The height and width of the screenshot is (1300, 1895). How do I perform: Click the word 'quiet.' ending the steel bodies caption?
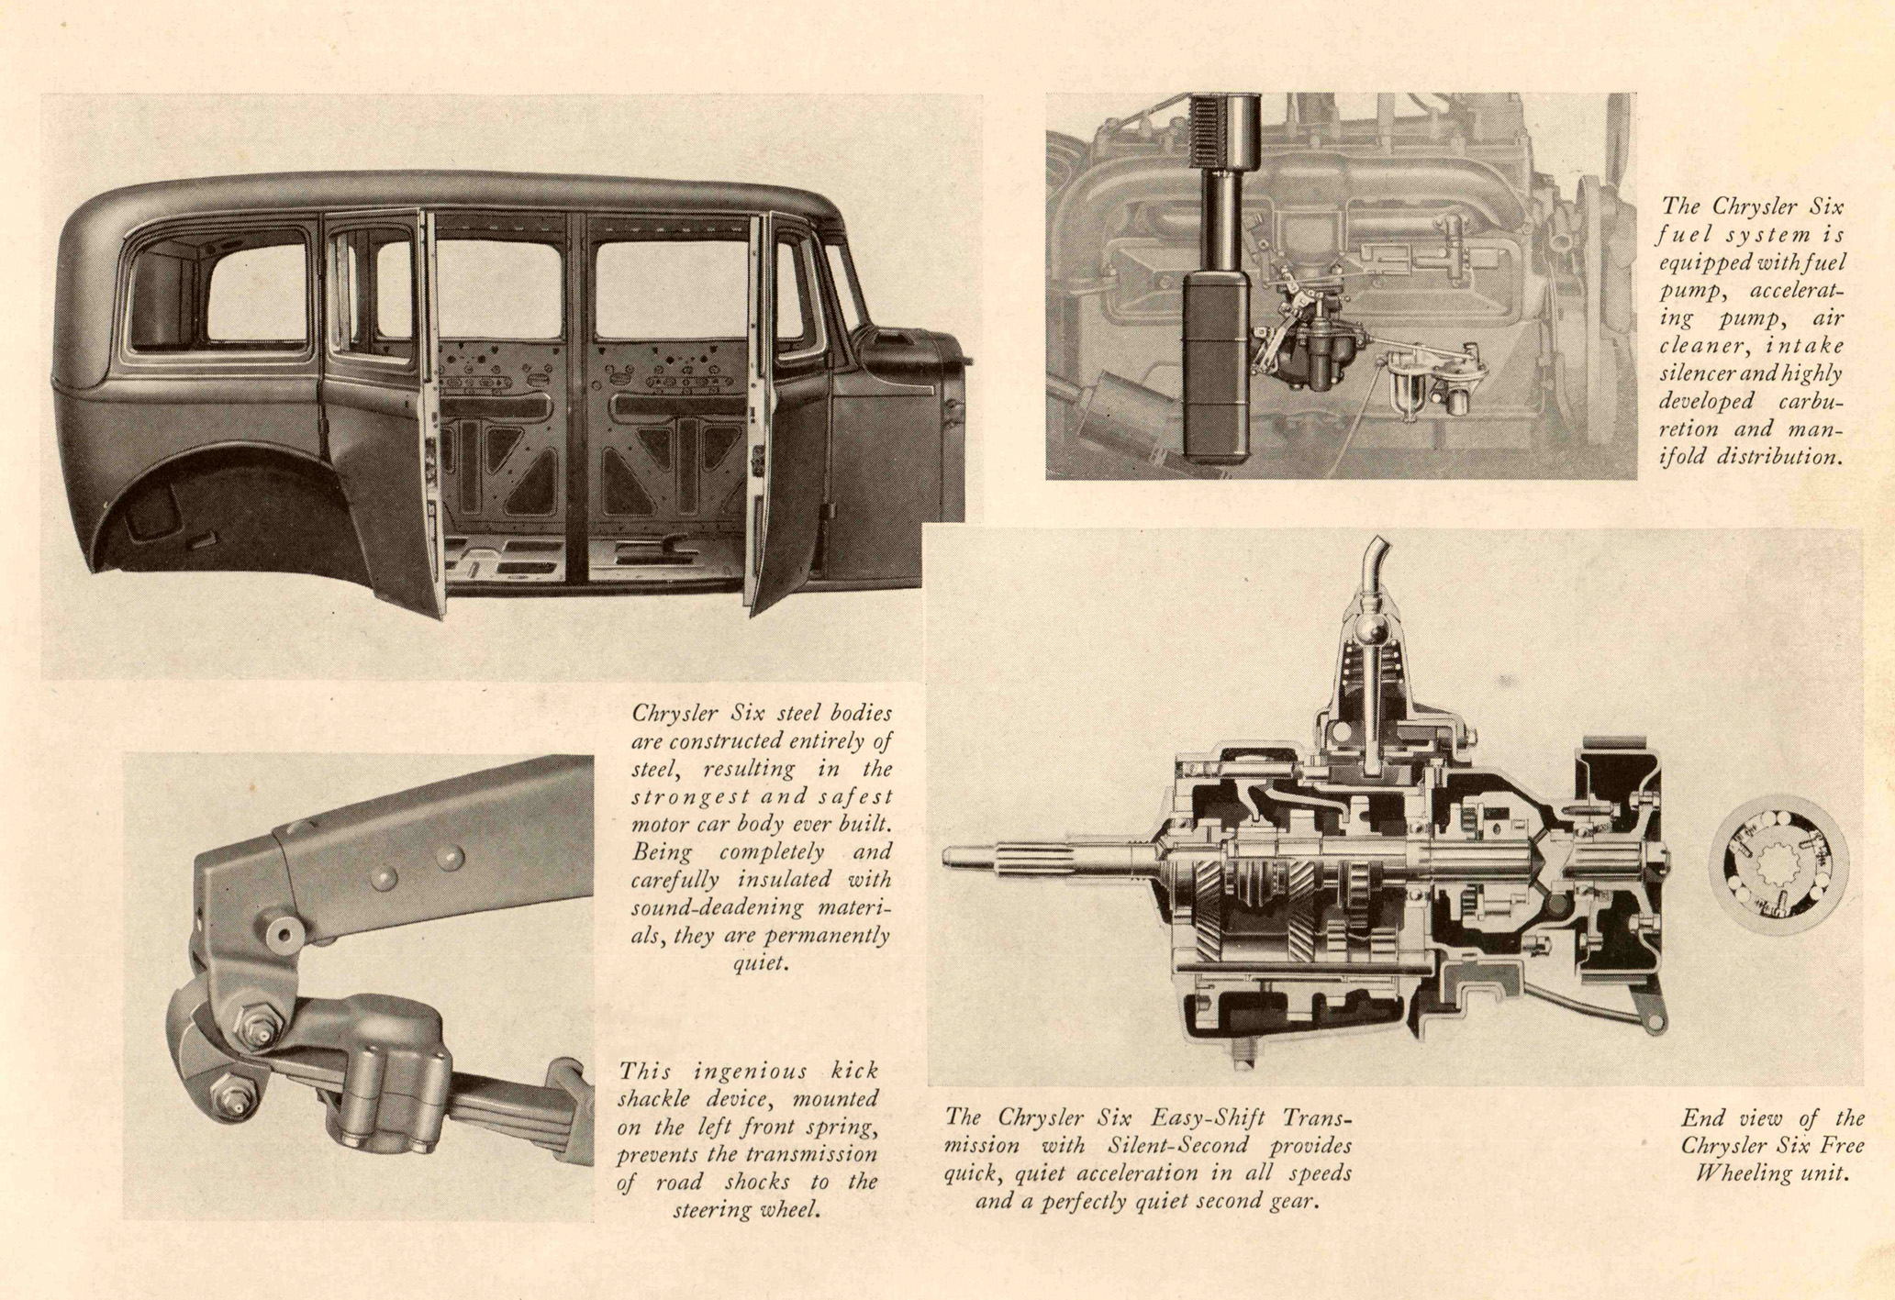(x=760, y=964)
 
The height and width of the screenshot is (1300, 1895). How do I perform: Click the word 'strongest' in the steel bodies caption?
(x=690, y=796)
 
